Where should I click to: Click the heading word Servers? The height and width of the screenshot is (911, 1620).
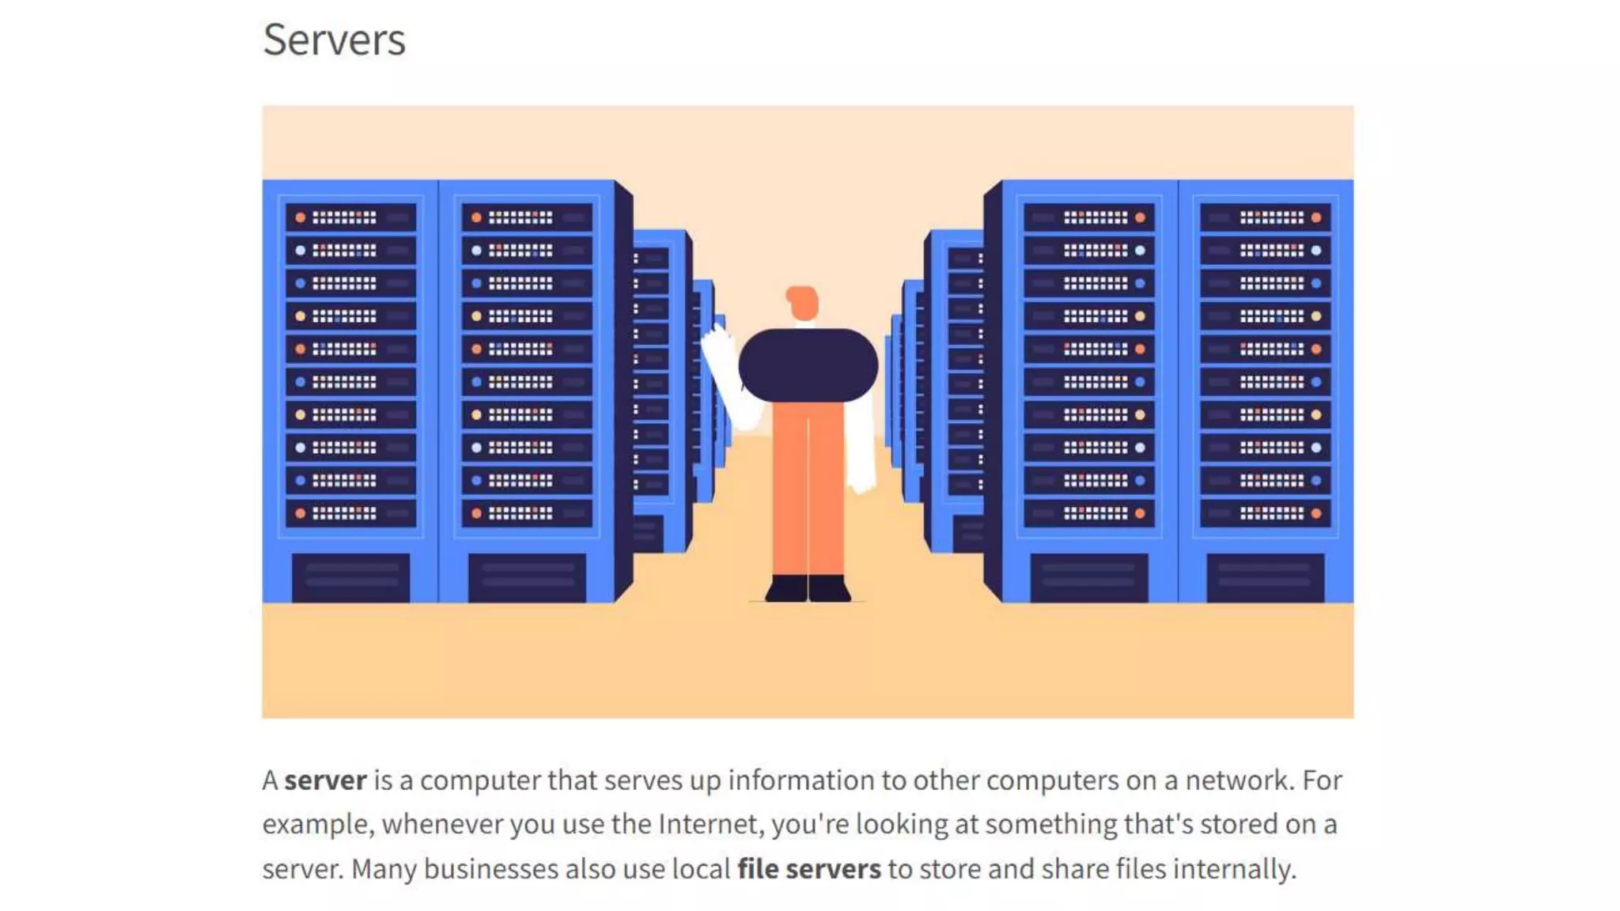point(334,40)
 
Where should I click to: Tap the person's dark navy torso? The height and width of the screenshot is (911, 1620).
point(808,365)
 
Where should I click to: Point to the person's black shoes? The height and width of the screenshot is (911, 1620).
point(808,588)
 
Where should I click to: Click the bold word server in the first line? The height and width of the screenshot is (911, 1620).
point(325,781)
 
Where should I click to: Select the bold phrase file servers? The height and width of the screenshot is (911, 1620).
point(808,869)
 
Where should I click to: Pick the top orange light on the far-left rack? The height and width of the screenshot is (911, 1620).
point(301,217)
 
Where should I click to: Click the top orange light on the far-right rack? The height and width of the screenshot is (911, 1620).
point(1316,217)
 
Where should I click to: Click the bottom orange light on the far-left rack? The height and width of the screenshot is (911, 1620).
point(301,513)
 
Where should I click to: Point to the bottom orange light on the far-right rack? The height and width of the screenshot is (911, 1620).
point(1316,513)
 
